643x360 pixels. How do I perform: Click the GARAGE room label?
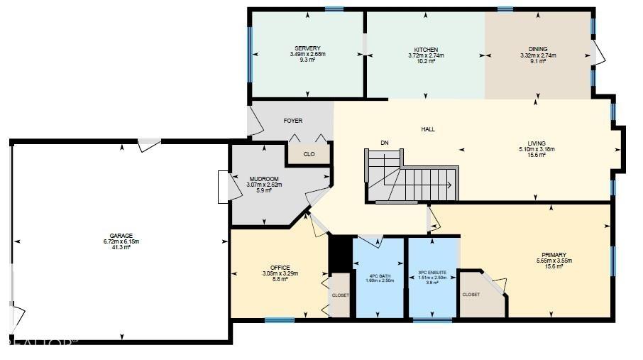pos(121,235)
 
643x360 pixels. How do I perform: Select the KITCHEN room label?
pos(426,49)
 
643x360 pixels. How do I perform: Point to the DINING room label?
pos(538,49)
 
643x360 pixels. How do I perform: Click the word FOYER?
pos(292,121)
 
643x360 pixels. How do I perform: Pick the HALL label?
pos(428,129)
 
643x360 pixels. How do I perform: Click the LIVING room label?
pos(537,143)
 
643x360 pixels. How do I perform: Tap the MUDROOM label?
pos(264,178)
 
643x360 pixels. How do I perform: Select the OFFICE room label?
pos(280,268)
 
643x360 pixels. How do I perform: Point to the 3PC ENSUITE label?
pos(432,271)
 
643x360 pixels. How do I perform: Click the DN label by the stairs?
pos(385,143)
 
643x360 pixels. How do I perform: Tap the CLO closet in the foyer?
pos(309,154)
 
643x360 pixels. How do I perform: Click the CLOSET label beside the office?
pos(341,294)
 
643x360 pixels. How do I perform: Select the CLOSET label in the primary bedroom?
pos(471,294)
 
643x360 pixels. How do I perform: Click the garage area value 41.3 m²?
pos(121,247)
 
